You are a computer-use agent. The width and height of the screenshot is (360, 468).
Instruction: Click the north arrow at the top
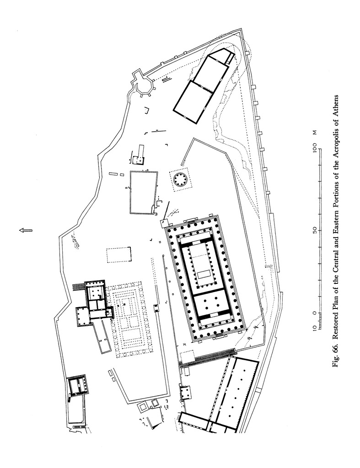tap(26, 230)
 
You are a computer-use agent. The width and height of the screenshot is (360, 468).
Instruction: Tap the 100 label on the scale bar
tap(315, 148)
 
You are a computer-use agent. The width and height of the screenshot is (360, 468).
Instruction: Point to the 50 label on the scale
tap(315, 230)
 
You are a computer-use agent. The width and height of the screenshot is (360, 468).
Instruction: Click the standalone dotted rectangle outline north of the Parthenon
tap(119, 255)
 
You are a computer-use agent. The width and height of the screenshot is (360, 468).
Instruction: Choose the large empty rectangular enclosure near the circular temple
tap(144, 192)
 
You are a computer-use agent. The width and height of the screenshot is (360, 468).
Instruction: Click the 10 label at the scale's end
tap(315, 327)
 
